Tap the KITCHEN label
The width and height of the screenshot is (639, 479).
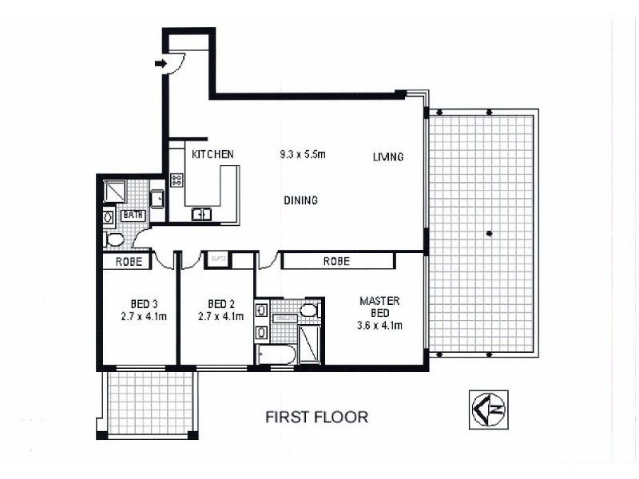pyautogui.click(x=212, y=154)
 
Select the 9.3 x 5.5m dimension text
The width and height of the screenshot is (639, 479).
pyautogui.click(x=303, y=154)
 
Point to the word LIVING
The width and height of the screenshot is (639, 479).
pyautogui.click(x=388, y=157)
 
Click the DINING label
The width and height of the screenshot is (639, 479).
pyautogui.click(x=300, y=200)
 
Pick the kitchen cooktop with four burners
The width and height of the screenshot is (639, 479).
pyautogui.click(x=177, y=180)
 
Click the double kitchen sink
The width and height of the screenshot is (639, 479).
pyautogui.click(x=200, y=213)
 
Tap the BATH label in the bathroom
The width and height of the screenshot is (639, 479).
pyautogui.click(x=132, y=215)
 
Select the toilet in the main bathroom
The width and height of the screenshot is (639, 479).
pyautogui.click(x=114, y=239)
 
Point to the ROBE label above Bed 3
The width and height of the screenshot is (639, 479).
pyautogui.click(x=129, y=261)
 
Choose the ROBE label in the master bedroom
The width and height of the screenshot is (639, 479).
pyautogui.click(x=336, y=261)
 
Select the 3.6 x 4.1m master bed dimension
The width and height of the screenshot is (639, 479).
pyautogui.click(x=379, y=325)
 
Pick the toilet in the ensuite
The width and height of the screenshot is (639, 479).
pyautogui.click(x=310, y=310)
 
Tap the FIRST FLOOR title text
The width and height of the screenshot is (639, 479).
pyautogui.click(x=316, y=417)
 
